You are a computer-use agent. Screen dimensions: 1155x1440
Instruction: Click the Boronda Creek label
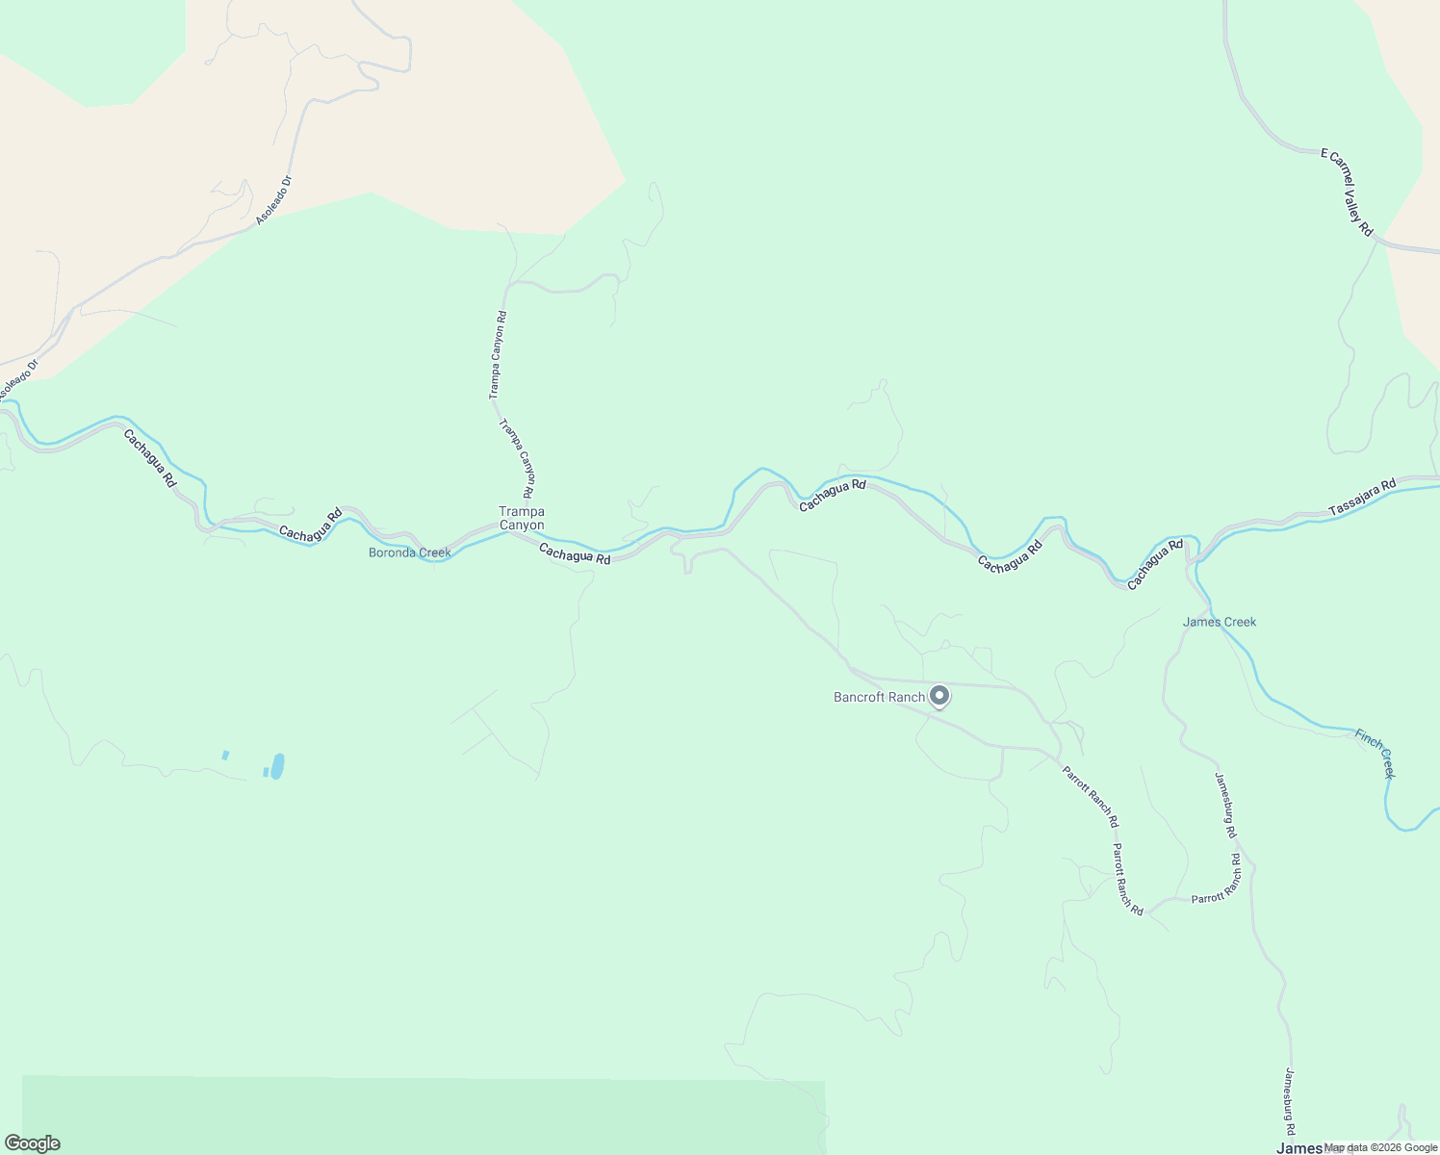click(409, 552)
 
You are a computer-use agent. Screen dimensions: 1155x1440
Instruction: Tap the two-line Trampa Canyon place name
click(521, 519)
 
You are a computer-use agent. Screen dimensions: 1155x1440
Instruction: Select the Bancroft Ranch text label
click(879, 697)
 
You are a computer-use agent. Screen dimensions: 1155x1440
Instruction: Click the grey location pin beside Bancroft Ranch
click(939, 695)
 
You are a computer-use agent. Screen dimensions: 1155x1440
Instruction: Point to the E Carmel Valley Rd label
click(1347, 192)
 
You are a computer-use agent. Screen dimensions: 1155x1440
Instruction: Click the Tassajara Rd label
click(1361, 498)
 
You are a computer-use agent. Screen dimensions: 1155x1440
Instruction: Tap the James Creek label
click(1219, 622)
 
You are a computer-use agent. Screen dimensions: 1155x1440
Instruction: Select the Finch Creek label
click(1375, 753)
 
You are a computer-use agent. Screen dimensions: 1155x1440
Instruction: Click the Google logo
click(32, 1143)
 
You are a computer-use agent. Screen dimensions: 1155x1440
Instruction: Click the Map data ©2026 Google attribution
click(1379, 1147)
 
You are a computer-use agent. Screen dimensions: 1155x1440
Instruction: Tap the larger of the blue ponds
click(277, 766)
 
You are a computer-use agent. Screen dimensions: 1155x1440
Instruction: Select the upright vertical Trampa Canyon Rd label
click(497, 355)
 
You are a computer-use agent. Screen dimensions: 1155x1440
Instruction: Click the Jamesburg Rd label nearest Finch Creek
click(1225, 805)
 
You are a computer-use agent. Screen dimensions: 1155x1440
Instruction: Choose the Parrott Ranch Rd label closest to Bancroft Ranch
click(1090, 796)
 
